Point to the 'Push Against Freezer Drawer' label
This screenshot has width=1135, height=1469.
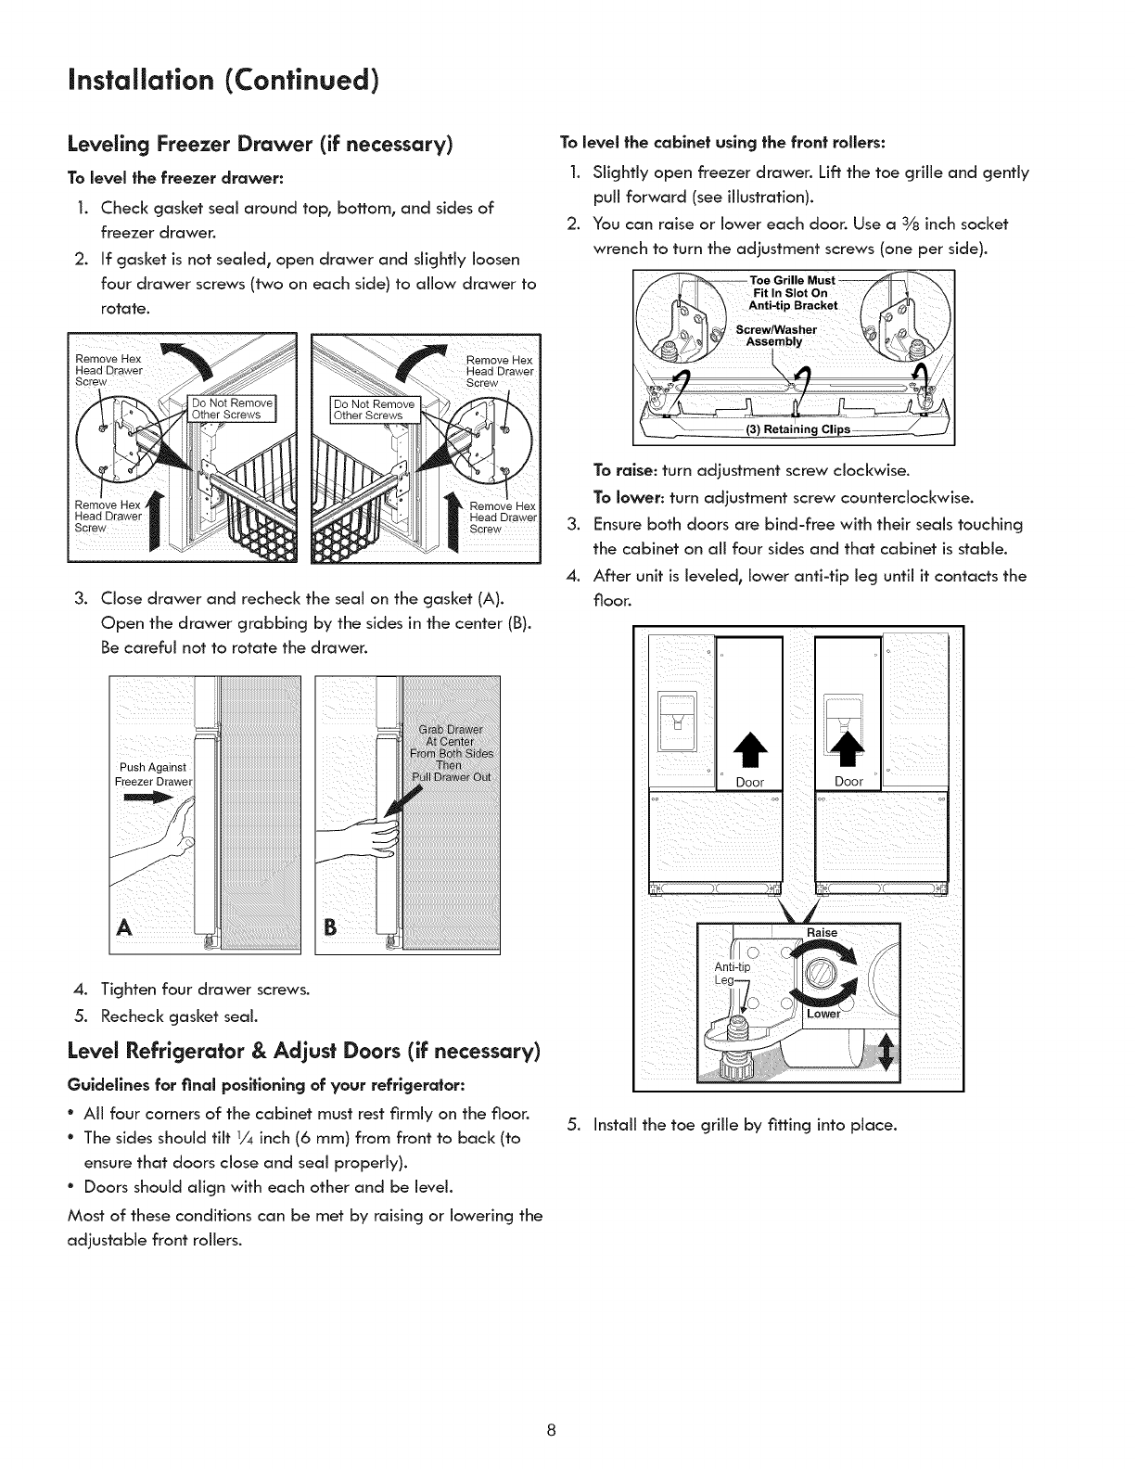pos(153,773)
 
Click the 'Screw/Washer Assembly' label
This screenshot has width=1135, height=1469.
pos(775,334)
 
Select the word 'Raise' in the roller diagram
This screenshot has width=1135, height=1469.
pos(823,932)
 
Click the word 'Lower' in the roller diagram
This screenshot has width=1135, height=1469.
pos(823,1014)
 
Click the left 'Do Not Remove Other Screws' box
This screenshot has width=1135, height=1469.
pos(231,408)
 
